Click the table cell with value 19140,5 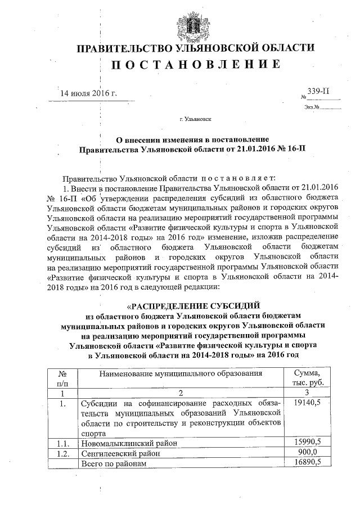point(307,403)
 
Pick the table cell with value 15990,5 point(307,443)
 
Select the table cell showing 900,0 point(307,453)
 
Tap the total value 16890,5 point(307,463)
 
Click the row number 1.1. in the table point(64,443)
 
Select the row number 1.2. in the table point(64,453)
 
